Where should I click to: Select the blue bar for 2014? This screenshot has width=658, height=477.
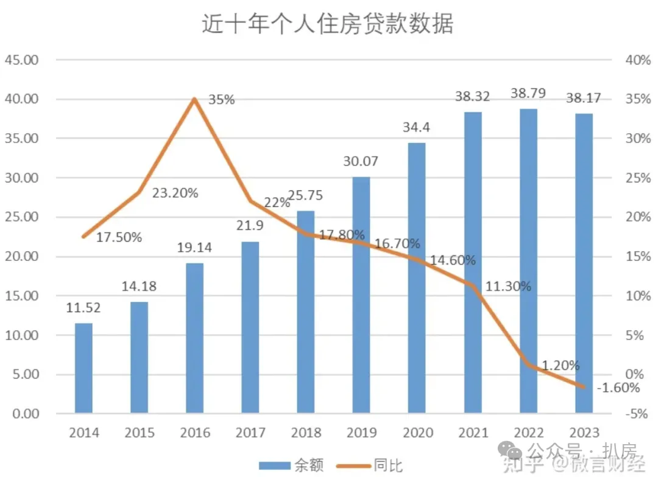83,368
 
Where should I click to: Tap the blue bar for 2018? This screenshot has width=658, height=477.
306,312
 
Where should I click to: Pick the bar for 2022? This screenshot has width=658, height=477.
528,262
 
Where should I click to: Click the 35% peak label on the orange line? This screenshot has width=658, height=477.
221,100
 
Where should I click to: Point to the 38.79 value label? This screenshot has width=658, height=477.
528,94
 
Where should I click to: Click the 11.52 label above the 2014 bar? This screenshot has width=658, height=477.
83,308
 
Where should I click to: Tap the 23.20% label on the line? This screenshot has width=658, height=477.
175,193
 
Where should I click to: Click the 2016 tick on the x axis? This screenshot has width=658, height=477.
195,433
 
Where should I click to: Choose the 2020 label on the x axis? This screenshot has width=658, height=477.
417,433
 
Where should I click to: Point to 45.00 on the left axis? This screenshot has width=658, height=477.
21,60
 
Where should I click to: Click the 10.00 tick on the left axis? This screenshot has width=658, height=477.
21,335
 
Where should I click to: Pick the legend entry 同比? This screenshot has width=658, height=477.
378,466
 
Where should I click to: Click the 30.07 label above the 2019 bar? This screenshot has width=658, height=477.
361,162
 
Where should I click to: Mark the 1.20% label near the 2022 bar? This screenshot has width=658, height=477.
561,366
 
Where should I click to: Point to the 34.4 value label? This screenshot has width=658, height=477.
417,128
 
